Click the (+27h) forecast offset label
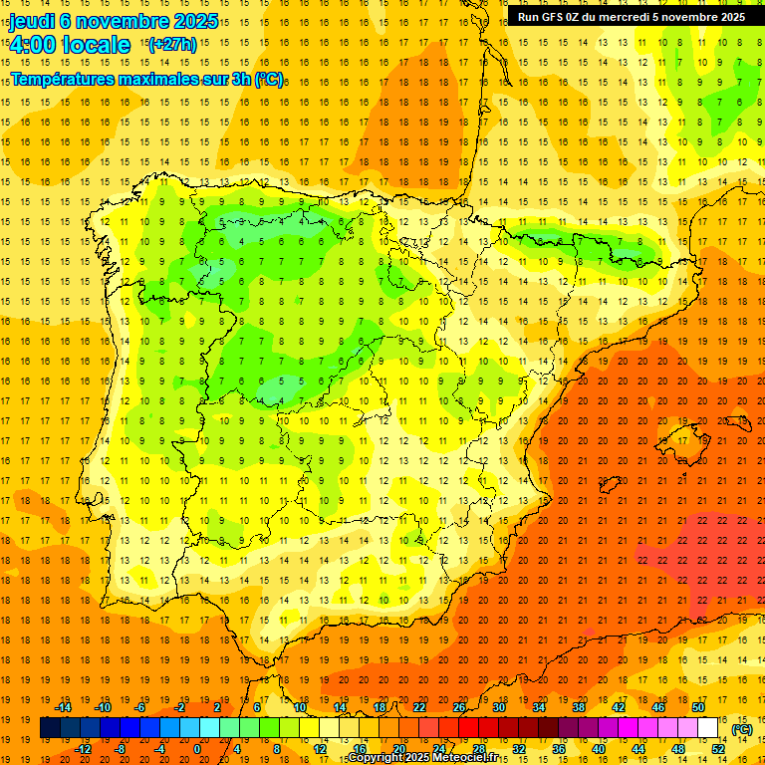[x=172, y=44]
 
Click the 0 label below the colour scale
[x=197, y=749]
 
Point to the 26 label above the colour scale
[x=459, y=707]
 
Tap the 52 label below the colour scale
[x=718, y=749]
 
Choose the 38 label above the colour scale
[x=578, y=707]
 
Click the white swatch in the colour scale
[x=707, y=728]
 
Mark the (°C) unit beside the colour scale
[x=742, y=729]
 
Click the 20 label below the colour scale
[x=398, y=749]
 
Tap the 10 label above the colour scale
[x=299, y=707]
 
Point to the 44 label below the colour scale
[x=637, y=749]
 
